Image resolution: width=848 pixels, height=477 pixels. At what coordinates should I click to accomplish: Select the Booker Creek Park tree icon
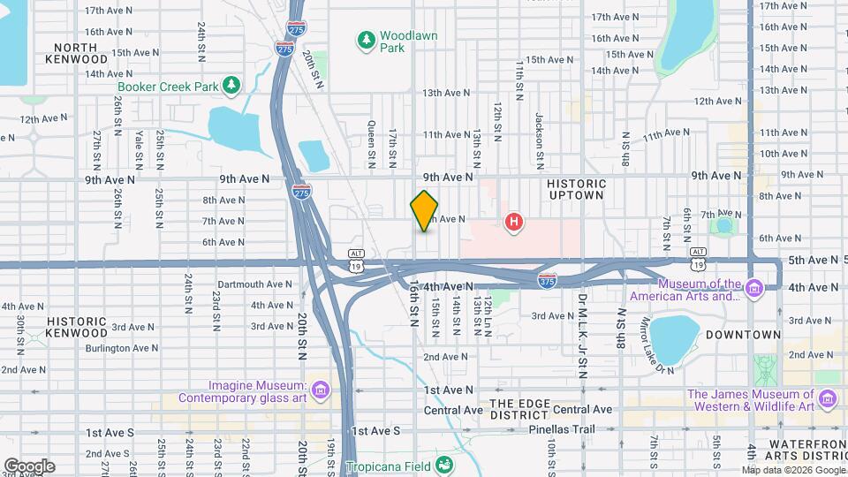(231, 85)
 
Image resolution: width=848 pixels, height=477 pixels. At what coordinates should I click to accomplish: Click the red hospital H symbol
(513, 222)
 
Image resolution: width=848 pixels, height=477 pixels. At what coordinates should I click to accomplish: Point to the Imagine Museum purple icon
(320, 390)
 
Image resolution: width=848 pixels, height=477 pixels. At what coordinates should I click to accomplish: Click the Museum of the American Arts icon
(753, 289)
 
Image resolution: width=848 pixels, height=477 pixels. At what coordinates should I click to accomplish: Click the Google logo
(28, 466)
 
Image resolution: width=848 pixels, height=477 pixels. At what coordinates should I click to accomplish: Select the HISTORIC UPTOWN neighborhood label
(575, 188)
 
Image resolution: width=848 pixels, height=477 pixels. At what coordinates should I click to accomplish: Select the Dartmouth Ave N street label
(254, 284)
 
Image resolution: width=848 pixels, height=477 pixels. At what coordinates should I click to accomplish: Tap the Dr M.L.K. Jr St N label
(582, 335)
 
